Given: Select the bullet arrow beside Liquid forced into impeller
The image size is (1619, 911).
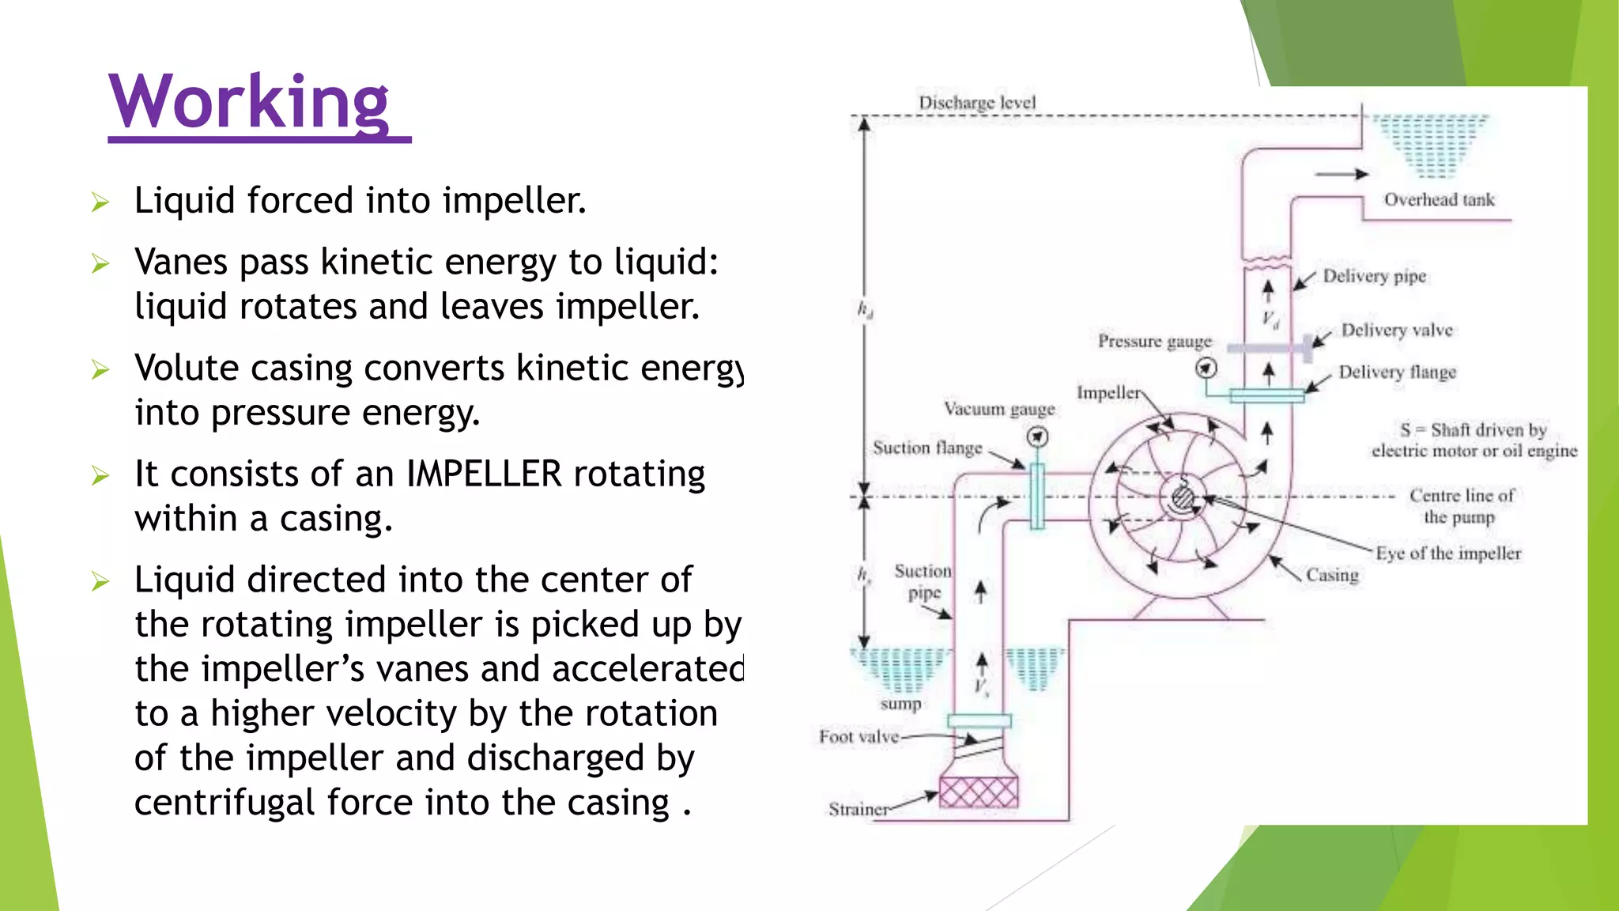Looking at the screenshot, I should click(100, 202).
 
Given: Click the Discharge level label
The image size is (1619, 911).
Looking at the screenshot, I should click(977, 103).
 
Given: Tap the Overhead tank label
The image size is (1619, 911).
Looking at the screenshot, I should click(1439, 200).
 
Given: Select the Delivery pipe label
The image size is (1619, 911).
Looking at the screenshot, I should click(1375, 276).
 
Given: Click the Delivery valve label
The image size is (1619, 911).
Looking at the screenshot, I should click(1397, 331).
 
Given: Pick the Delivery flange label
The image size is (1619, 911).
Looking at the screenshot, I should click(1397, 372).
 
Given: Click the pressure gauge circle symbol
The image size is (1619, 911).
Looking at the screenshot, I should click(1206, 369).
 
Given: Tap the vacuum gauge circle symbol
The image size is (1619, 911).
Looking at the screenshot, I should click(1037, 437).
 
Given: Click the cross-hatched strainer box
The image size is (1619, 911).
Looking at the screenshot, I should click(979, 792).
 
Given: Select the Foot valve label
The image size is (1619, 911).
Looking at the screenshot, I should click(859, 737).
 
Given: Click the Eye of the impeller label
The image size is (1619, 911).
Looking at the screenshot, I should click(1448, 554).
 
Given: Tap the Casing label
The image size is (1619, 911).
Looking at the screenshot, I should click(1332, 575).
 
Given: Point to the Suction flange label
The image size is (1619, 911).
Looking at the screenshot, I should click(927, 448).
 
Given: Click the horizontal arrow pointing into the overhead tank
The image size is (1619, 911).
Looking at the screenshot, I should click(1342, 174).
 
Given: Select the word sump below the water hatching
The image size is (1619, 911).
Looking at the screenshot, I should click(901, 704).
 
